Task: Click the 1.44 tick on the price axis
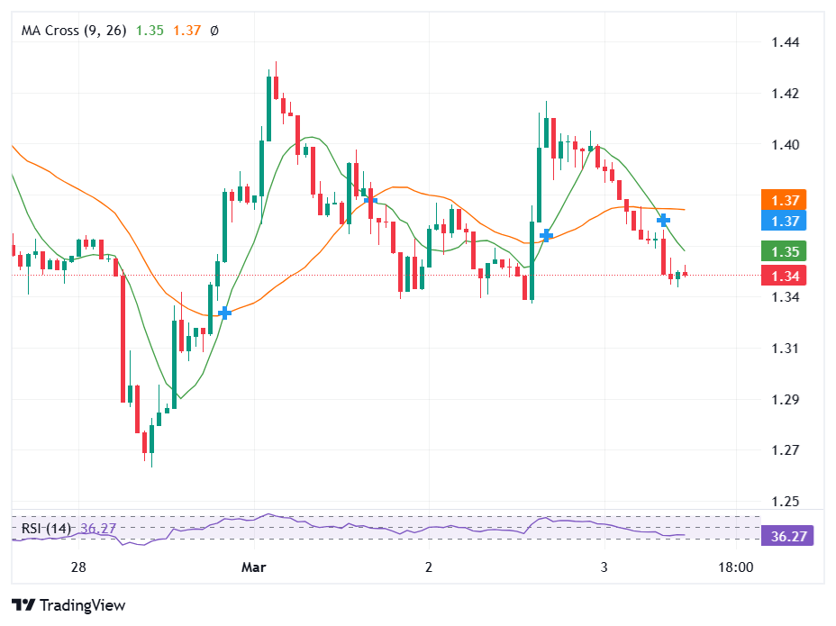tap(786, 42)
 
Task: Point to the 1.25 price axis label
tap(786, 502)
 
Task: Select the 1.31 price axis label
tap(786, 349)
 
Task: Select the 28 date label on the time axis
tap(78, 567)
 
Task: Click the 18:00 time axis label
tap(735, 567)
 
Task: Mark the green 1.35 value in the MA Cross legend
tap(150, 31)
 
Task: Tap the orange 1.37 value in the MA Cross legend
tap(187, 31)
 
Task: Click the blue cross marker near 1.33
tap(224, 313)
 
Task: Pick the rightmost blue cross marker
tap(663, 220)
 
